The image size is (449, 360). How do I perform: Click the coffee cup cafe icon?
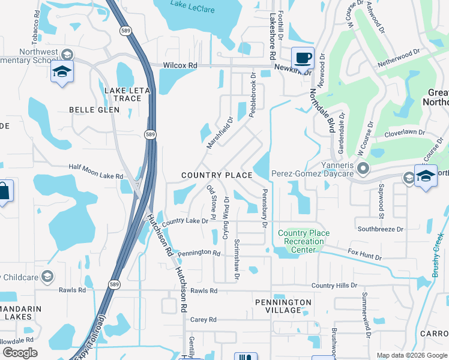pos(303,58)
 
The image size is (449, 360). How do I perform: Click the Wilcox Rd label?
pos(180,65)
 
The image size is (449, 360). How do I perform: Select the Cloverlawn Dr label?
pos(405,133)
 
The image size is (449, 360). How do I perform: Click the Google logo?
pos(20,352)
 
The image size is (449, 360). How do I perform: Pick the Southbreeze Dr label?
pos(381,229)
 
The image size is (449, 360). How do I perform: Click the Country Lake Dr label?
pos(185,221)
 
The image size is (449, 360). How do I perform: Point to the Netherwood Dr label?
pos(400,58)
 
